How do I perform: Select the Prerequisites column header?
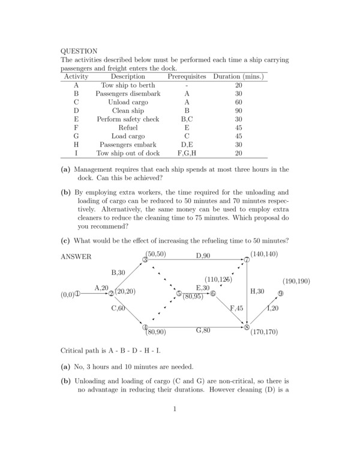click(x=187, y=77)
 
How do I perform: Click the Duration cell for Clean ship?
click(x=239, y=110)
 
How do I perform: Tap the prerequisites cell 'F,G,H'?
click(x=187, y=153)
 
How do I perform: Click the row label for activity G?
click(x=76, y=136)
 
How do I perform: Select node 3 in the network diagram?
click(x=145, y=259)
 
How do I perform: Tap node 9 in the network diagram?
click(x=280, y=294)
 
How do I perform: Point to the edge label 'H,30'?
click(x=257, y=291)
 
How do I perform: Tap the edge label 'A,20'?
click(x=101, y=288)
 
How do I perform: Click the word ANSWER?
click(x=76, y=256)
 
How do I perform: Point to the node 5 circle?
click(x=179, y=294)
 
